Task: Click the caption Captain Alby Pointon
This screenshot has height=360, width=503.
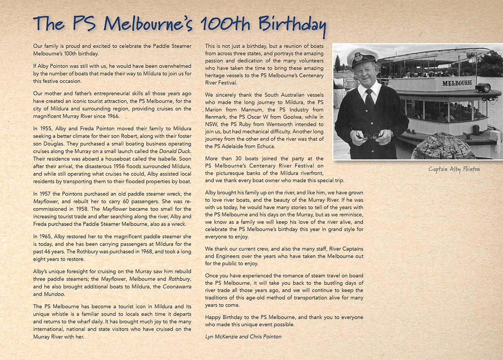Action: (454, 169)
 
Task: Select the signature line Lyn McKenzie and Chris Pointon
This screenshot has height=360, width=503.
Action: (243, 336)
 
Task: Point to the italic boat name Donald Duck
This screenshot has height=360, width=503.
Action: (175, 151)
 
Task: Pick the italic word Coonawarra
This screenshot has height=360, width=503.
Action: (177, 286)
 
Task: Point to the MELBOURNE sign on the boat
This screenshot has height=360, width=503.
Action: (457, 83)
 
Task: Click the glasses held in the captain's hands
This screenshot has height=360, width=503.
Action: (371, 136)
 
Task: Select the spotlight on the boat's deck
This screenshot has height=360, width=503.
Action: (483, 88)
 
